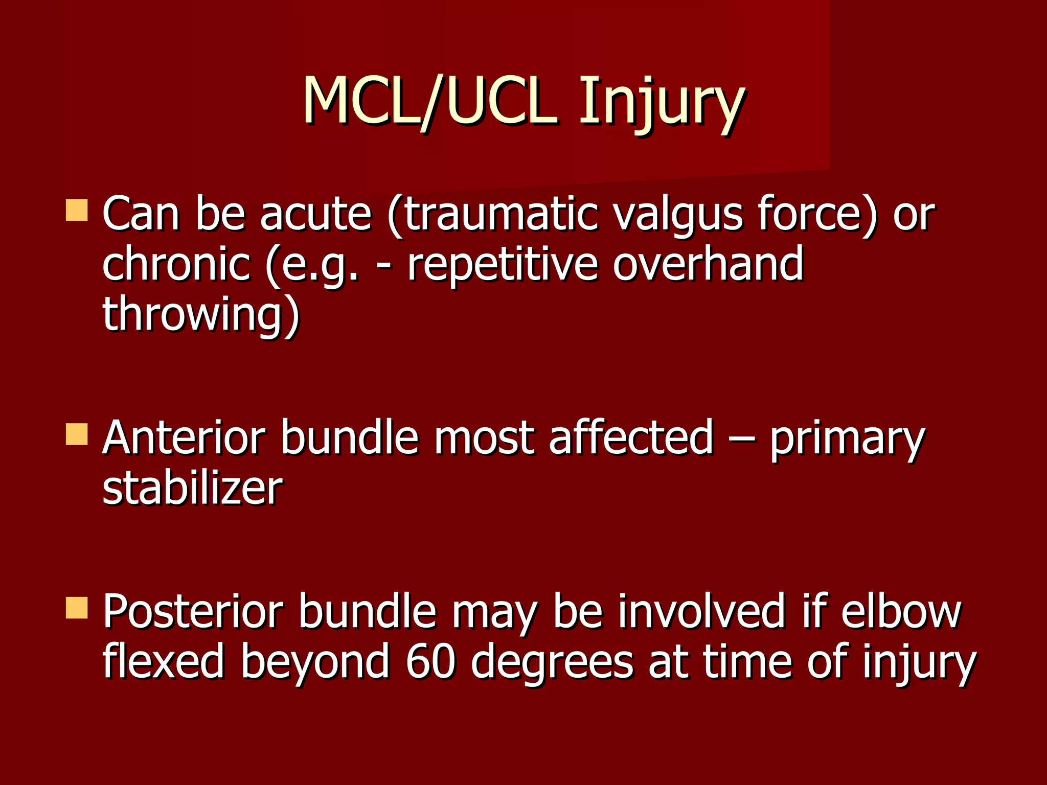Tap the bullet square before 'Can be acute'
pyautogui.click(x=77, y=210)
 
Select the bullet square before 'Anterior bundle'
pyautogui.click(x=77, y=434)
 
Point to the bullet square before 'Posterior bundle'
pyautogui.click(x=77, y=608)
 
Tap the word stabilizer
pyautogui.click(x=192, y=488)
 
